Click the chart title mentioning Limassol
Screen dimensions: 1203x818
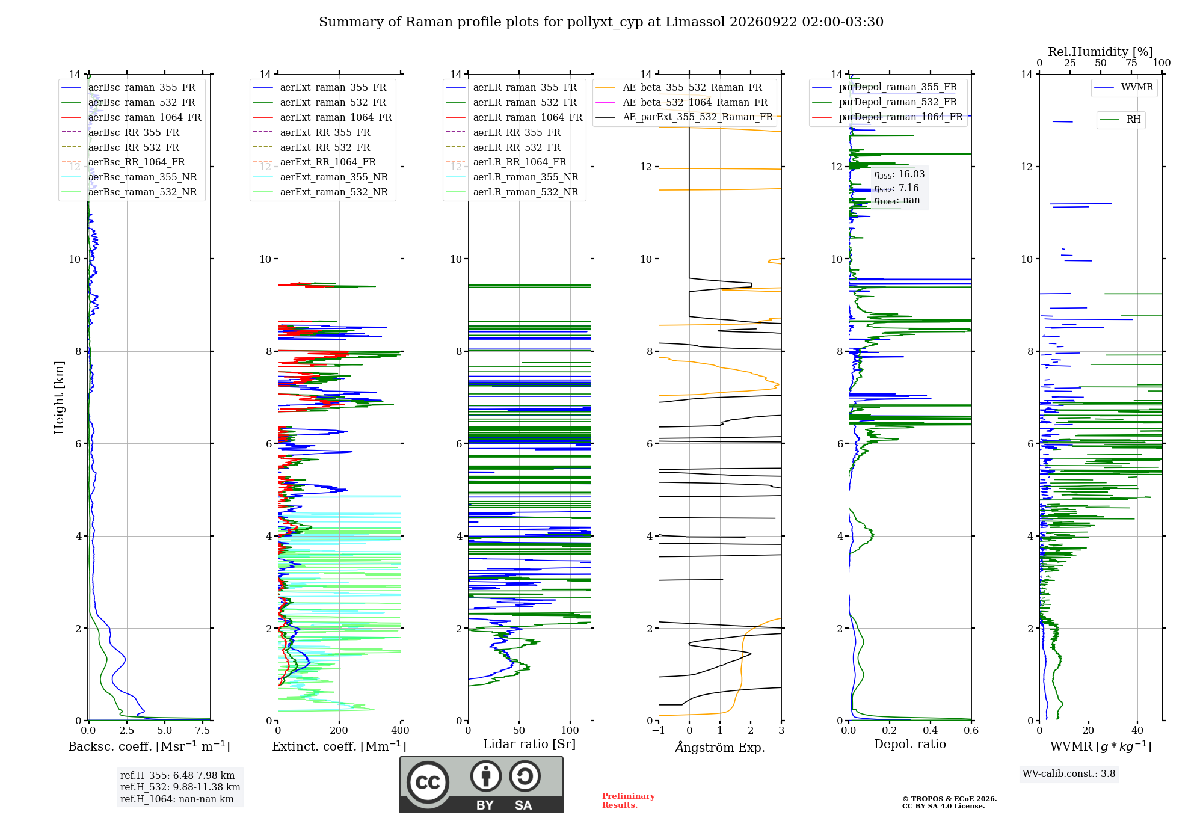tap(601, 22)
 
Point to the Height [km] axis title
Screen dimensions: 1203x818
tap(59, 398)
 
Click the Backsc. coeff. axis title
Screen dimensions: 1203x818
tap(149, 746)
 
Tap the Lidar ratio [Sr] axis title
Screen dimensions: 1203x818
tap(529, 745)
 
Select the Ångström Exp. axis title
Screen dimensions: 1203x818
tap(720, 747)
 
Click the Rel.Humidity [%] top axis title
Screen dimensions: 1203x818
tap(1101, 52)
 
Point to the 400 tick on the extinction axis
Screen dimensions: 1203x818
tap(401, 730)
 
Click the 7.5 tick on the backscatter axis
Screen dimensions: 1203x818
tap(203, 730)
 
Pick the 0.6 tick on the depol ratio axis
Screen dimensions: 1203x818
tap(971, 730)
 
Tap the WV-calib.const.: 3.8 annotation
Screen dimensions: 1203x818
tap(1069, 774)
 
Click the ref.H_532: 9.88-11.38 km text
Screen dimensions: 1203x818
tap(180, 787)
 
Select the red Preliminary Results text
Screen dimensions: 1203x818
tap(629, 801)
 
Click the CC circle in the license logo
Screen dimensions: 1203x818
tap(428, 783)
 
